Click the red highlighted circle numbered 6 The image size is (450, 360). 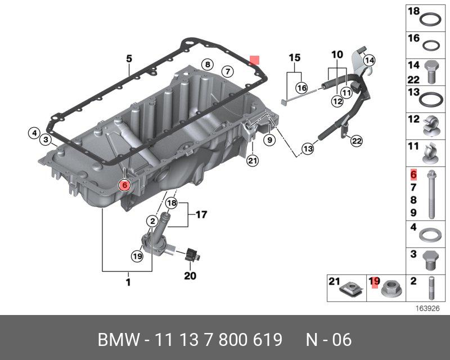[x=124, y=184]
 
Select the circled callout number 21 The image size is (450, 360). [x=251, y=161]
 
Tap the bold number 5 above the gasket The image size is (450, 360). [x=129, y=58]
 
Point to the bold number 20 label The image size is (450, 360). [x=191, y=276]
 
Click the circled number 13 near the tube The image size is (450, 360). [x=307, y=149]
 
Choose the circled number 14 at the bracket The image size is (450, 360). [x=368, y=60]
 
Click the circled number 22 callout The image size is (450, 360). [x=355, y=141]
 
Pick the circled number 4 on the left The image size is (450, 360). [x=34, y=133]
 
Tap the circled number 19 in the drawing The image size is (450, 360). [x=137, y=256]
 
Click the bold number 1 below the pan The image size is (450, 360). [x=128, y=282]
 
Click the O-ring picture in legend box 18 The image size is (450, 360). [x=430, y=19]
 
